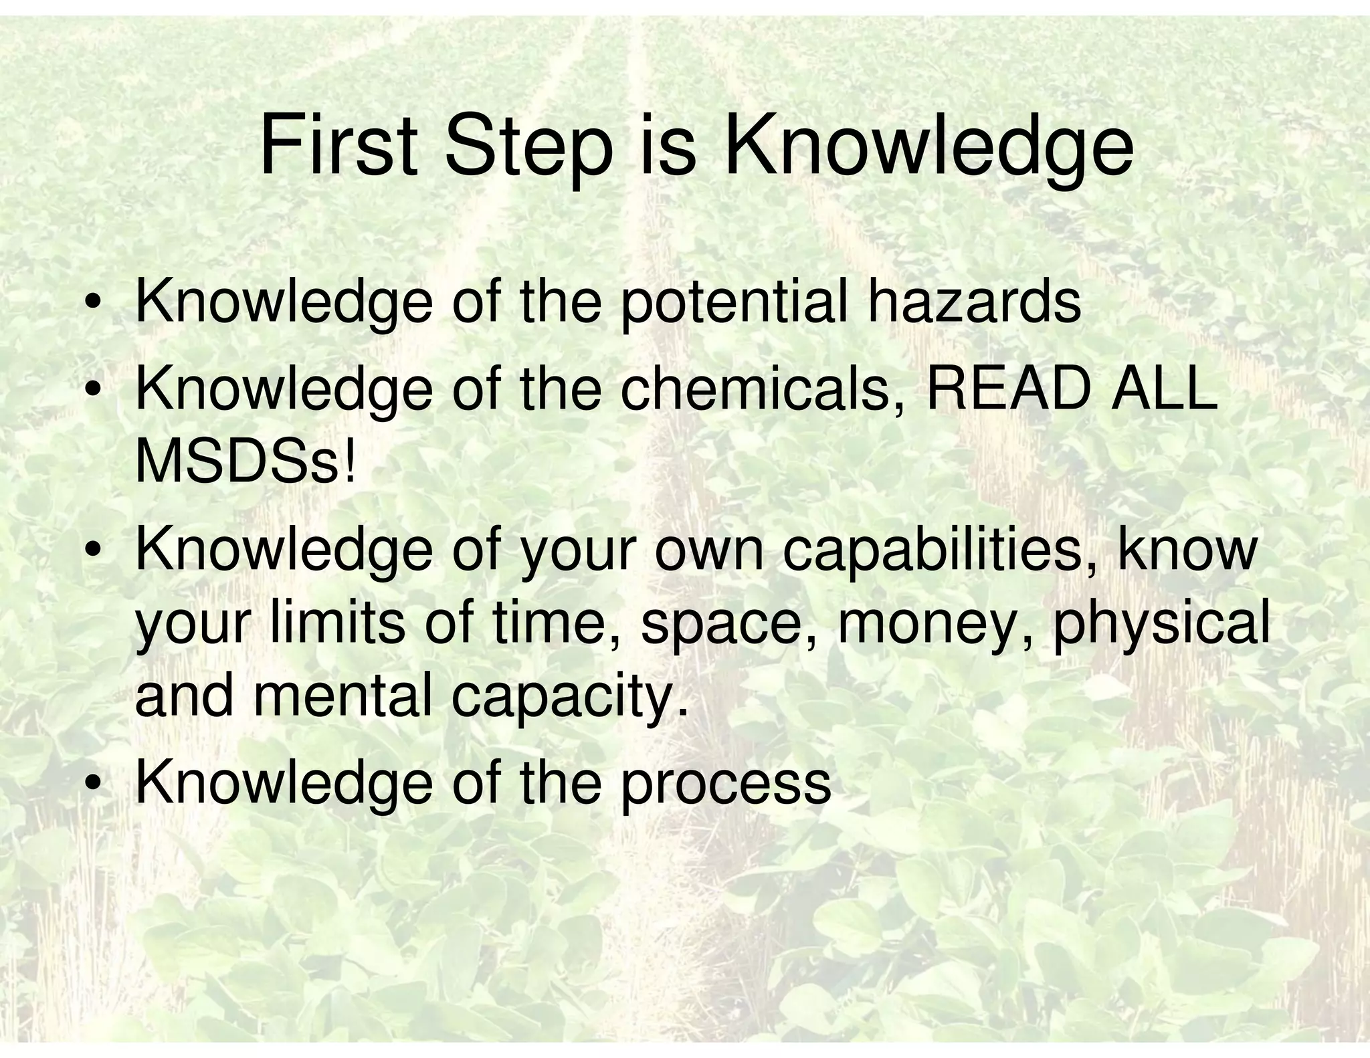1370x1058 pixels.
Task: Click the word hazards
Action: click(x=974, y=302)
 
